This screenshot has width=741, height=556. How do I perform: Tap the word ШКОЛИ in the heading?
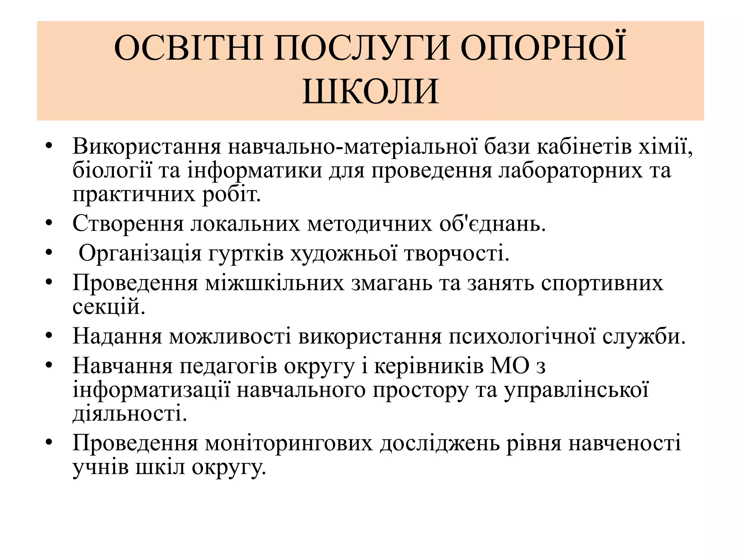pyautogui.click(x=370, y=92)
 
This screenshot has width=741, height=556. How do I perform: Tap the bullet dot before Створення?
pyautogui.click(x=49, y=223)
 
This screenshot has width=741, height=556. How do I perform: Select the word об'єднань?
pyautogui.click(x=492, y=224)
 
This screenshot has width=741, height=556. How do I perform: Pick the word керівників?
pyautogui.click(x=428, y=366)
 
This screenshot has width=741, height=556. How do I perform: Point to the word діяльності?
pyautogui.click(x=130, y=414)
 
